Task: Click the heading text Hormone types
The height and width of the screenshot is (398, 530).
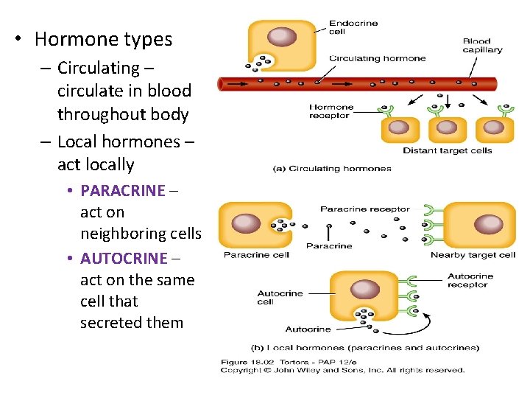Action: [x=103, y=39]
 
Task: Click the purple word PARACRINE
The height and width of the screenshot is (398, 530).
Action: [x=123, y=190]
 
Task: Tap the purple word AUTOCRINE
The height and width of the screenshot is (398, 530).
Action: [x=124, y=258]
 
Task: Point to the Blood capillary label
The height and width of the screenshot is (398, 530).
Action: [x=482, y=46]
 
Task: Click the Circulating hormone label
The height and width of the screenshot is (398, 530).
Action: [x=377, y=58]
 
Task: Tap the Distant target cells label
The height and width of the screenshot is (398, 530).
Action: [x=447, y=151]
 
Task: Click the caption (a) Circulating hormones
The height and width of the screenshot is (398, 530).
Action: [x=332, y=168]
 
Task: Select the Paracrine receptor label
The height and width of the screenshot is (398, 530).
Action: [x=364, y=209]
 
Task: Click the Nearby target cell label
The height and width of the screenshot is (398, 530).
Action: [x=473, y=256]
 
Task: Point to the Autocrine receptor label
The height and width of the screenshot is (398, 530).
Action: [x=470, y=281]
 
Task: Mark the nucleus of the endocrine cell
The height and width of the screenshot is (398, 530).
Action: [x=281, y=37]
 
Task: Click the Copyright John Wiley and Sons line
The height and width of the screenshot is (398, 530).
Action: [x=343, y=369]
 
